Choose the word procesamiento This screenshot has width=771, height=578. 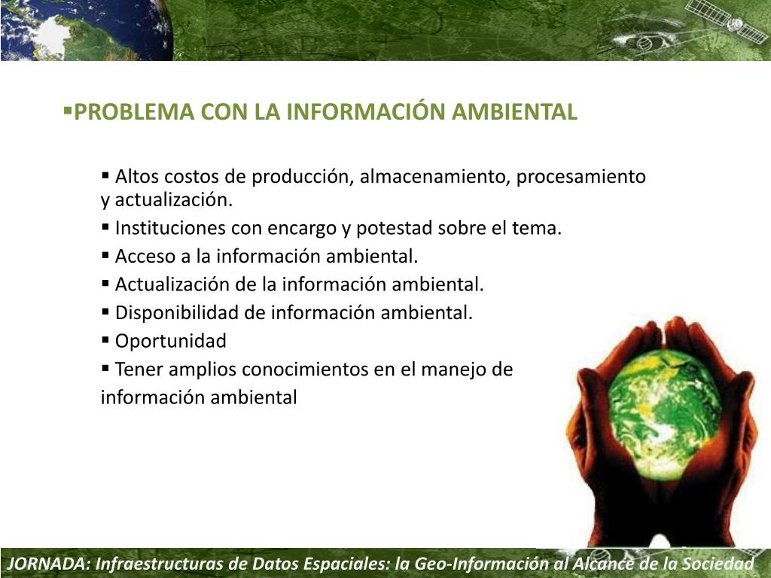click(x=581, y=177)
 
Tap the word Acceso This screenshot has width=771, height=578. click(x=144, y=257)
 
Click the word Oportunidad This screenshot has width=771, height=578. click(x=170, y=342)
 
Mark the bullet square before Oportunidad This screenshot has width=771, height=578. click(x=105, y=340)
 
